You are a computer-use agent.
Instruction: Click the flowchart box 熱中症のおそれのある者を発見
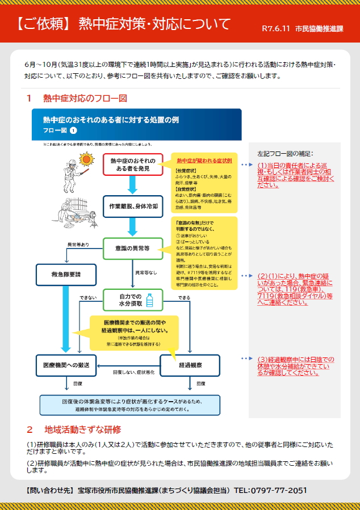133,164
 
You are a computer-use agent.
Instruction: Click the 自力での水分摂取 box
133,300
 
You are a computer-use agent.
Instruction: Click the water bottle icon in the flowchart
150,300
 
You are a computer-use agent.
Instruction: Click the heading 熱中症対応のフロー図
85,98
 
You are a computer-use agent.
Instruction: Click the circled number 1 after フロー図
73,130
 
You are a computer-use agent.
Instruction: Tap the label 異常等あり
78,245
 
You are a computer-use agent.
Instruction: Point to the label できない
88,297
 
